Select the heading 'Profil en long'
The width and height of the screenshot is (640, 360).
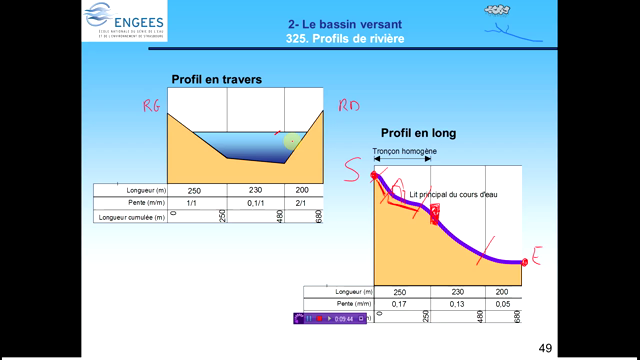412,133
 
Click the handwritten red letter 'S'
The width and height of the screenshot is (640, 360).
352,172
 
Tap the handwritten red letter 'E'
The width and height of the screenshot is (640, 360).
536,260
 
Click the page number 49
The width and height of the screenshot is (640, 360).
545,347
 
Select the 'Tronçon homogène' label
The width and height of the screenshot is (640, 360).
404,153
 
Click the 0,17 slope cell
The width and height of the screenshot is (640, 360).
401,304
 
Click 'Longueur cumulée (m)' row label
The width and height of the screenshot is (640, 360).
133,216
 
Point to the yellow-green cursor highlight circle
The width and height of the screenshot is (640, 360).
291,141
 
